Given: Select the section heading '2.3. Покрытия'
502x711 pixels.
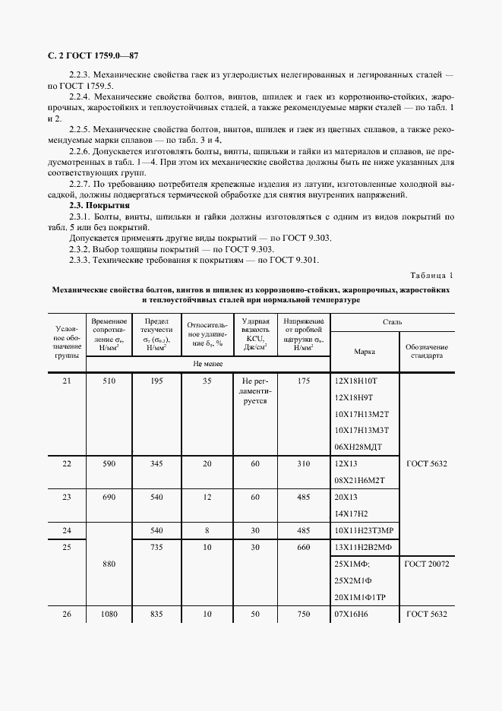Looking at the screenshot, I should click(x=99, y=206).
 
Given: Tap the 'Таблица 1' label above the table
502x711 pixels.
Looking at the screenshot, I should click(x=431, y=275).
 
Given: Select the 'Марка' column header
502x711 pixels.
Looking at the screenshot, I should click(x=365, y=352).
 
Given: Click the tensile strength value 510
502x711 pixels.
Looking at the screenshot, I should click(x=109, y=381).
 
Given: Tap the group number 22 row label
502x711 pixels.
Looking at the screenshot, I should click(x=66, y=463).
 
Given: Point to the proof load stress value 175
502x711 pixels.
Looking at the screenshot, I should click(x=304, y=381).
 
